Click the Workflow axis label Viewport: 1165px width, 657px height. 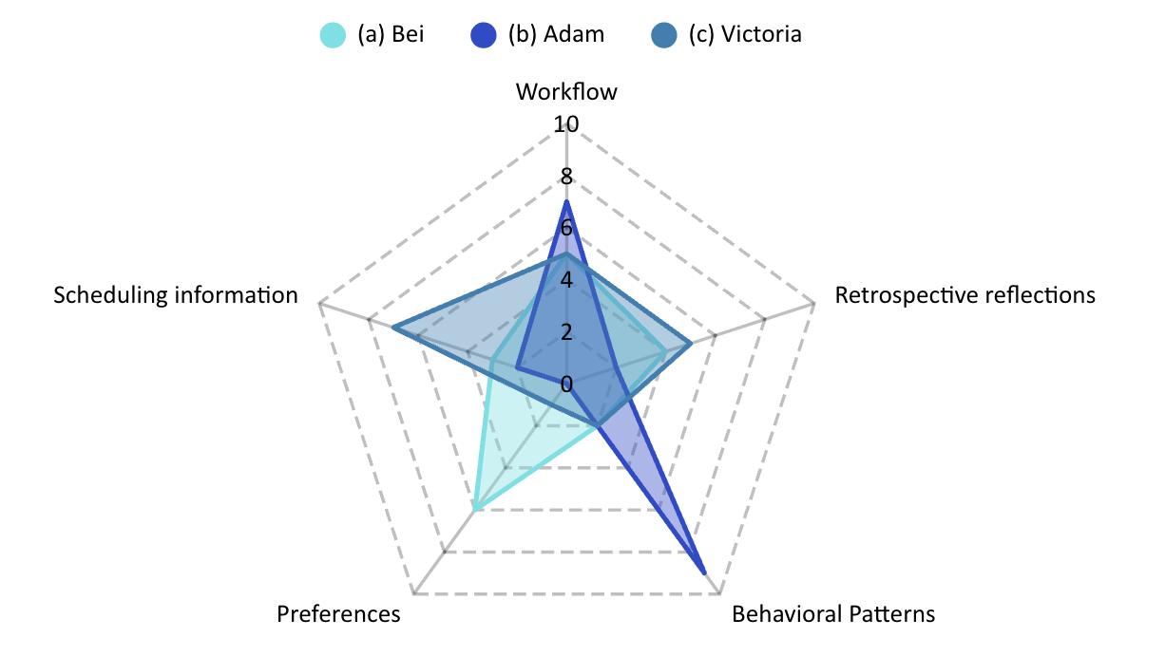click(566, 92)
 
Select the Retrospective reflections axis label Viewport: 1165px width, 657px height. click(964, 295)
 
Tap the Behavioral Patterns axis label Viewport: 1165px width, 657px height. click(833, 614)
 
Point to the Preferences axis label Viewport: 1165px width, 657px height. click(338, 614)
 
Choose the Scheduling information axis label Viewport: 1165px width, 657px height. click(176, 295)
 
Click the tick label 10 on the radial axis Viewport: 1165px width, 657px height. click(566, 124)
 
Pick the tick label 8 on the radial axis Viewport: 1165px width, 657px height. click(566, 177)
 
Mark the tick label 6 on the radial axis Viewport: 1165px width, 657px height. click(566, 229)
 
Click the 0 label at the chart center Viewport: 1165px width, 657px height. click(566, 385)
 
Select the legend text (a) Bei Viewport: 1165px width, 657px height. click(391, 35)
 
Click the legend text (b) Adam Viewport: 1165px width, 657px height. click(556, 35)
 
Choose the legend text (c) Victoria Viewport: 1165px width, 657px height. click(747, 35)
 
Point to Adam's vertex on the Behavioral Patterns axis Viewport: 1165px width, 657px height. click(704, 573)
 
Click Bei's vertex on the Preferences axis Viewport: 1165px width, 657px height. click(474, 511)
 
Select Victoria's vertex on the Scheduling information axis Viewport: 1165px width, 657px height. click(393, 328)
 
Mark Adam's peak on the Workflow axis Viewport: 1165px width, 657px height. click(566, 202)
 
